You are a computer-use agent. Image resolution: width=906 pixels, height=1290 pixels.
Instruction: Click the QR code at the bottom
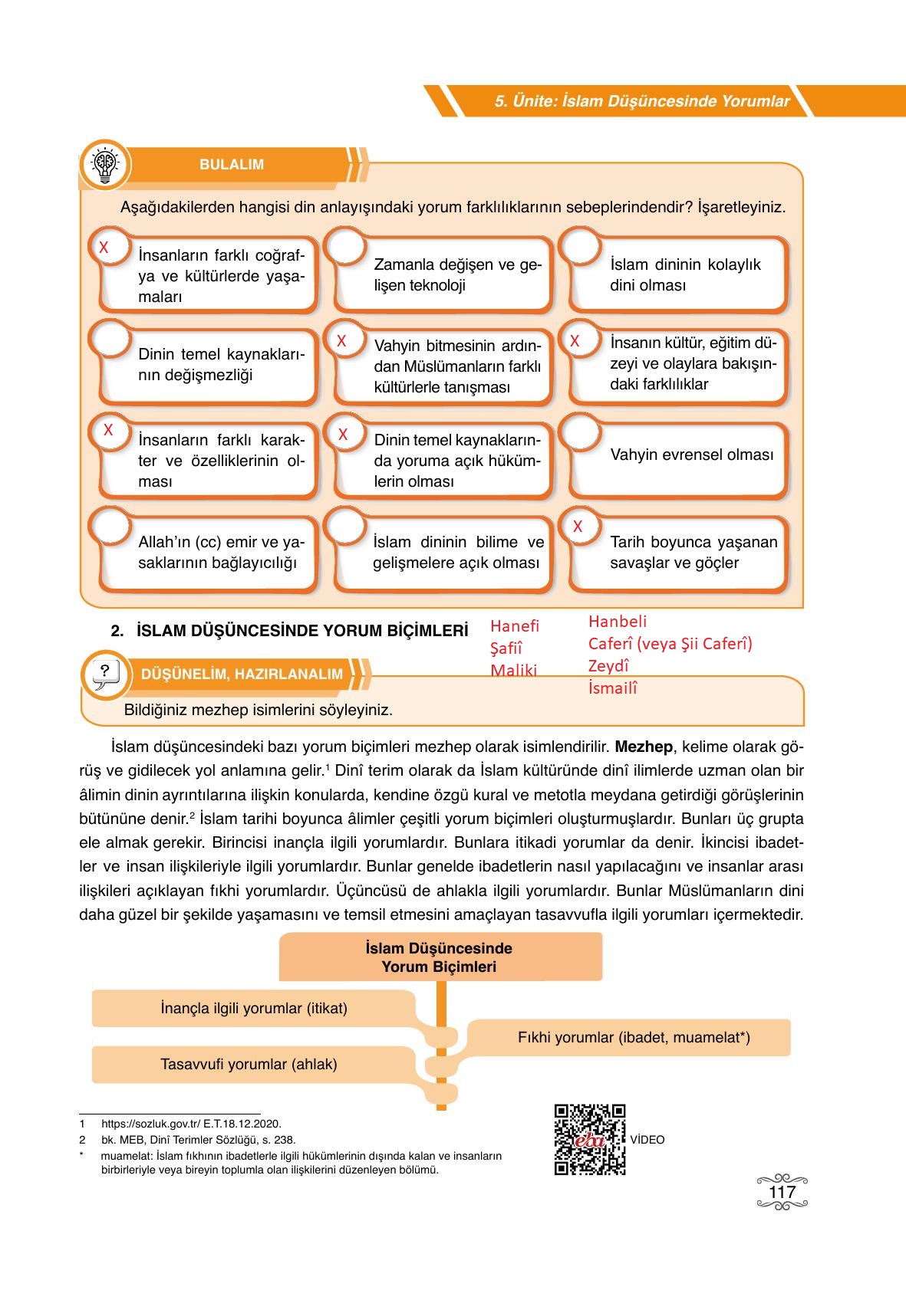pyautogui.click(x=589, y=1139)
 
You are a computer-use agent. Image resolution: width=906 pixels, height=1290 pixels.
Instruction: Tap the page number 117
pyautogui.click(x=782, y=1193)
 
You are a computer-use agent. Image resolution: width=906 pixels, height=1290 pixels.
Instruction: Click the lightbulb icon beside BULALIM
pyautogui.click(x=105, y=164)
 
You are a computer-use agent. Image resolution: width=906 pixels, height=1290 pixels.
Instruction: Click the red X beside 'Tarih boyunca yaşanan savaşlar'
pyautogui.click(x=578, y=527)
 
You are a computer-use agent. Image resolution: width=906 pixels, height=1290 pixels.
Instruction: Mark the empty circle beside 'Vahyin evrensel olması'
pyautogui.click(x=581, y=433)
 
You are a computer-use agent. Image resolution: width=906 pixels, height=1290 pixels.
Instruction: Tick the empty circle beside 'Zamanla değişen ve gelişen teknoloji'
pyautogui.click(x=345, y=247)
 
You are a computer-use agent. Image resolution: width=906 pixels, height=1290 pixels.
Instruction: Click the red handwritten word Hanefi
pyautogui.click(x=515, y=626)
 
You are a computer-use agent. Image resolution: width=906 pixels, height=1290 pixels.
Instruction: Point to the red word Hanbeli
pyautogui.click(x=618, y=622)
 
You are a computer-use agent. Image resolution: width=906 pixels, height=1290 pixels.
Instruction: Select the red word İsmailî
pyautogui.click(x=612, y=688)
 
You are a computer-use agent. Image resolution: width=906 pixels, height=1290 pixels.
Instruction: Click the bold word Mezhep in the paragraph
pyautogui.click(x=644, y=747)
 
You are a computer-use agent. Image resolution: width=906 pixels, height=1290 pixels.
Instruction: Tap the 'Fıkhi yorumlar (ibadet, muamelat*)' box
pyautogui.click(x=633, y=1038)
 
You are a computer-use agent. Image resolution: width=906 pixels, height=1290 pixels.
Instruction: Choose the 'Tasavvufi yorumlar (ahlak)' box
pyautogui.click(x=249, y=1064)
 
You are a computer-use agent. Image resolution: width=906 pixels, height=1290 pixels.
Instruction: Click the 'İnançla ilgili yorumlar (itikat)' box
pyautogui.click(x=254, y=1008)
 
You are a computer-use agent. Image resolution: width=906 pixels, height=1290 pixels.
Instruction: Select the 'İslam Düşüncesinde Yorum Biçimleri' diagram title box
pyautogui.click(x=440, y=957)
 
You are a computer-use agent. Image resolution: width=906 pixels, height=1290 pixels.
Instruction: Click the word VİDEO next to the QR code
pyautogui.click(x=647, y=1140)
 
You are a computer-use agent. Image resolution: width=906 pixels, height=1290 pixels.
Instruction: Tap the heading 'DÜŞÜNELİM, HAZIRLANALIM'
pyautogui.click(x=242, y=675)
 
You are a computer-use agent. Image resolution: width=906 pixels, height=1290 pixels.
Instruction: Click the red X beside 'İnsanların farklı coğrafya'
pyautogui.click(x=104, y=248)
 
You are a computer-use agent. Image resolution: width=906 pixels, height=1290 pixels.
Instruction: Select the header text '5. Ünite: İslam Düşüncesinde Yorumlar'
pyautogui.click(x=641, y=101)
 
